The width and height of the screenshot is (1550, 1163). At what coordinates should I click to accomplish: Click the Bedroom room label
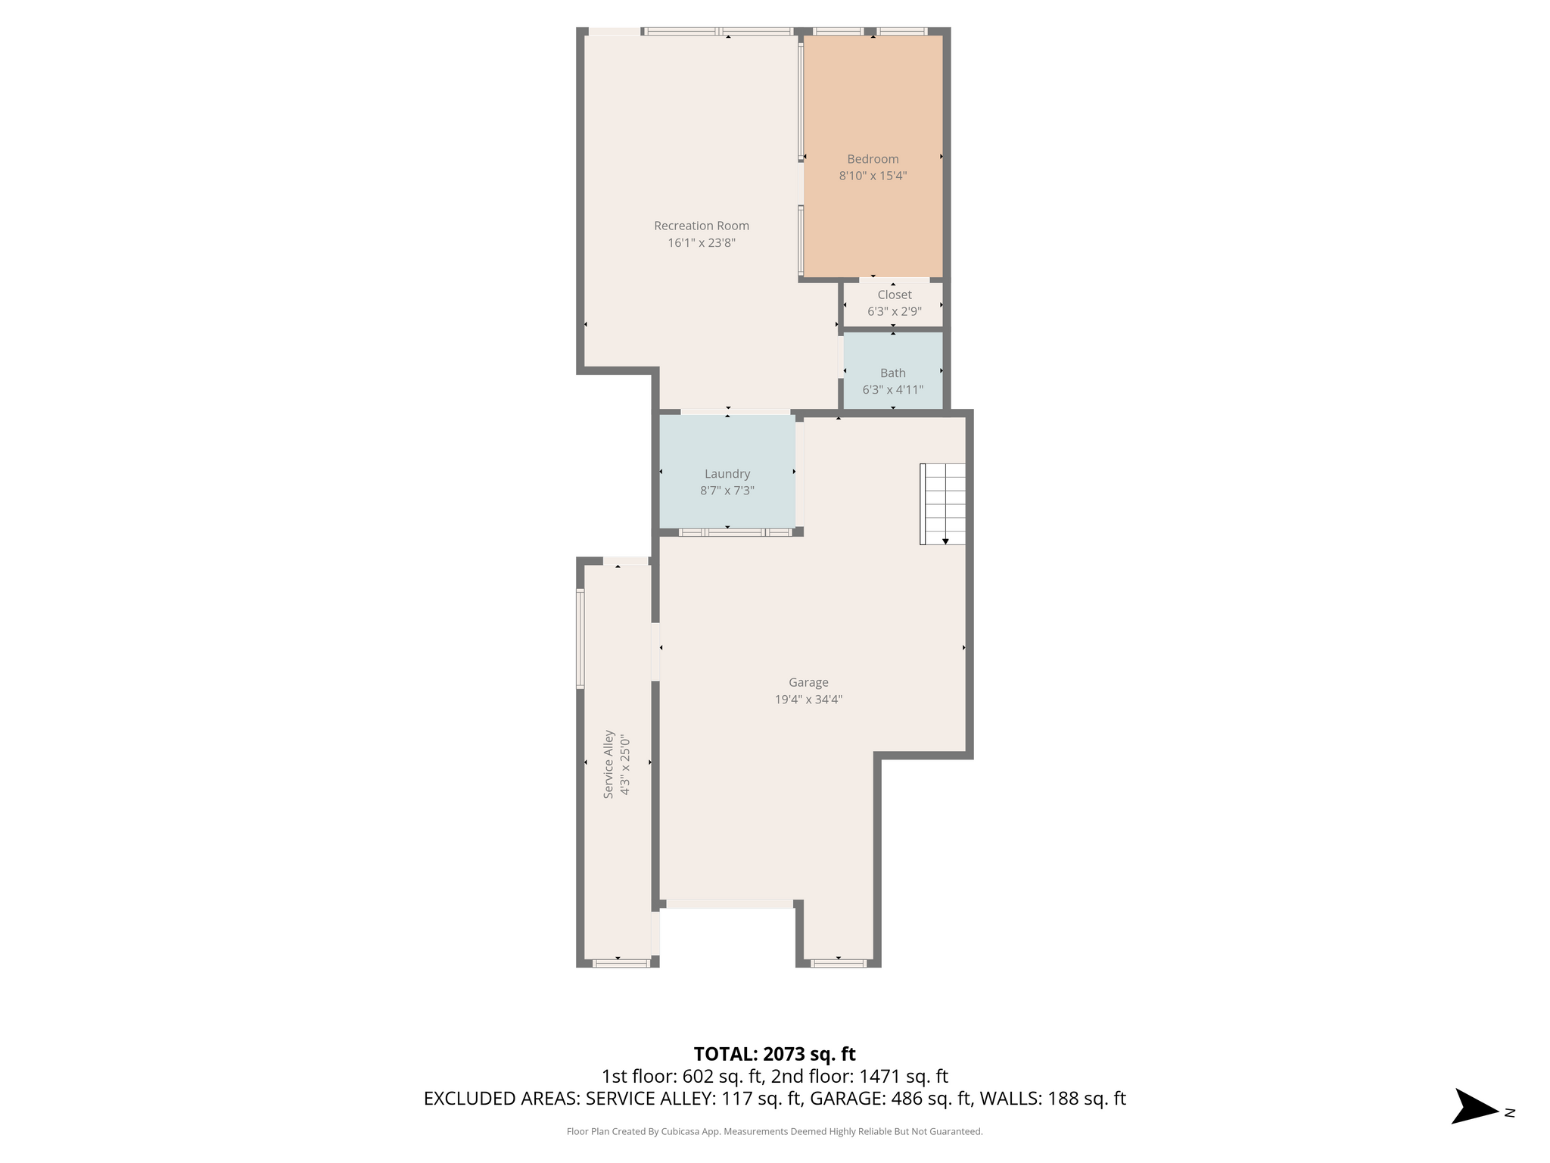[873, 159]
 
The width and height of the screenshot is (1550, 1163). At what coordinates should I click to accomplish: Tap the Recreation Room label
[702, 226]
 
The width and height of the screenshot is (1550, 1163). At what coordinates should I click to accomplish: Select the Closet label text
[895, 295]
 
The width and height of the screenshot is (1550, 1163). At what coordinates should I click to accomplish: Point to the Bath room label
[893, 373]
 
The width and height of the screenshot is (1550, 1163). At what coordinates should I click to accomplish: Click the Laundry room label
[727, 474]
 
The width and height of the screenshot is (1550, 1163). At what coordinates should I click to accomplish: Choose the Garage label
[808, 682]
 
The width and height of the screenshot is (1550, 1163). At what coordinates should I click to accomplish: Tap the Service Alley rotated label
[608, 764]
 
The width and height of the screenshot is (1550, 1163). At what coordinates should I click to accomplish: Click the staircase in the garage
[943, 504]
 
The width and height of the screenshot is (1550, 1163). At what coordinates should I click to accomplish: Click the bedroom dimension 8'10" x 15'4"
[873, 176]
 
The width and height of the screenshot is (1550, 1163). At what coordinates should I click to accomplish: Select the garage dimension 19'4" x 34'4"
[808, 700]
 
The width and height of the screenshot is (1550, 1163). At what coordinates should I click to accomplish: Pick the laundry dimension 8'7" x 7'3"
[727, 491]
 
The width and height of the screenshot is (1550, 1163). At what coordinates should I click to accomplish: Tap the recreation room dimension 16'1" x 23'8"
[702, 243]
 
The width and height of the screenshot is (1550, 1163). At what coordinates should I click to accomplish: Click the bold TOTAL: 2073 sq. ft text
[774, 1054]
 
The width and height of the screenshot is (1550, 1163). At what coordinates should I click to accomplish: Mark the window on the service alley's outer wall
[580, 639]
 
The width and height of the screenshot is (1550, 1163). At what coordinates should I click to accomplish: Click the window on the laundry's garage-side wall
[735, 532]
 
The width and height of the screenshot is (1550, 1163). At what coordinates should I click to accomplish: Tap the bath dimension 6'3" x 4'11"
[893, 390]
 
